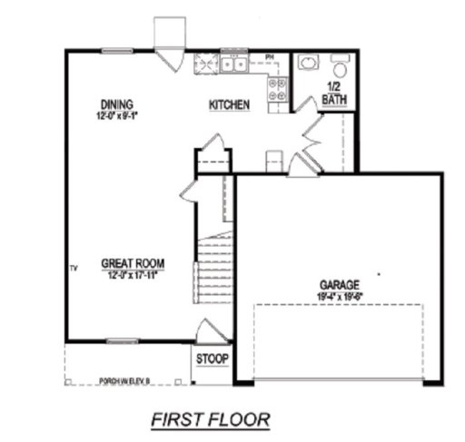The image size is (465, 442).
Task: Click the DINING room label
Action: [x=118, y=103]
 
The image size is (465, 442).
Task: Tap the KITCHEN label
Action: [x=230, y=105]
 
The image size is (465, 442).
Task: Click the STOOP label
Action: [x=213, y=358]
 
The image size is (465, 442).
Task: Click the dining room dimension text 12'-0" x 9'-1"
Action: [x=122, y=116]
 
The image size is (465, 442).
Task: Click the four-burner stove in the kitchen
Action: [x=277, y=87]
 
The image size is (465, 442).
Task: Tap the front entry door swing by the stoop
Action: [x=204, y=329]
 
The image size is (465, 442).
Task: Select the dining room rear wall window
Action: [x=114, y=52]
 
